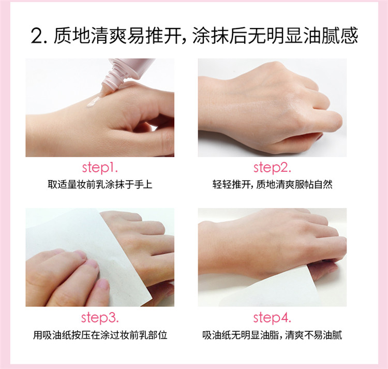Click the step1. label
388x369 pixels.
click(100, 168)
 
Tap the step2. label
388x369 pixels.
click(272, 168)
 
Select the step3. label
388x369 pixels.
click(100, 318)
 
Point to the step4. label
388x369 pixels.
click(272, 318)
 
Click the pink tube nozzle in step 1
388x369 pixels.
click(107, 88)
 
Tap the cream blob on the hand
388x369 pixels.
click(93, 101)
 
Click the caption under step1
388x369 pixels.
click(100, 185)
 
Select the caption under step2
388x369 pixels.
click(272, 185)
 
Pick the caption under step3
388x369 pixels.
click(100, 335)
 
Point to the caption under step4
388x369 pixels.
click(272, 335)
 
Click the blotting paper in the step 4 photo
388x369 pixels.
click(272, 291)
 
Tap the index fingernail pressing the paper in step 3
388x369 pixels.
click(92, 263)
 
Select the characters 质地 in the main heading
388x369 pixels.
click(72, 36)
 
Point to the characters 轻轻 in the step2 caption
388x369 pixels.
click(222, 185)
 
